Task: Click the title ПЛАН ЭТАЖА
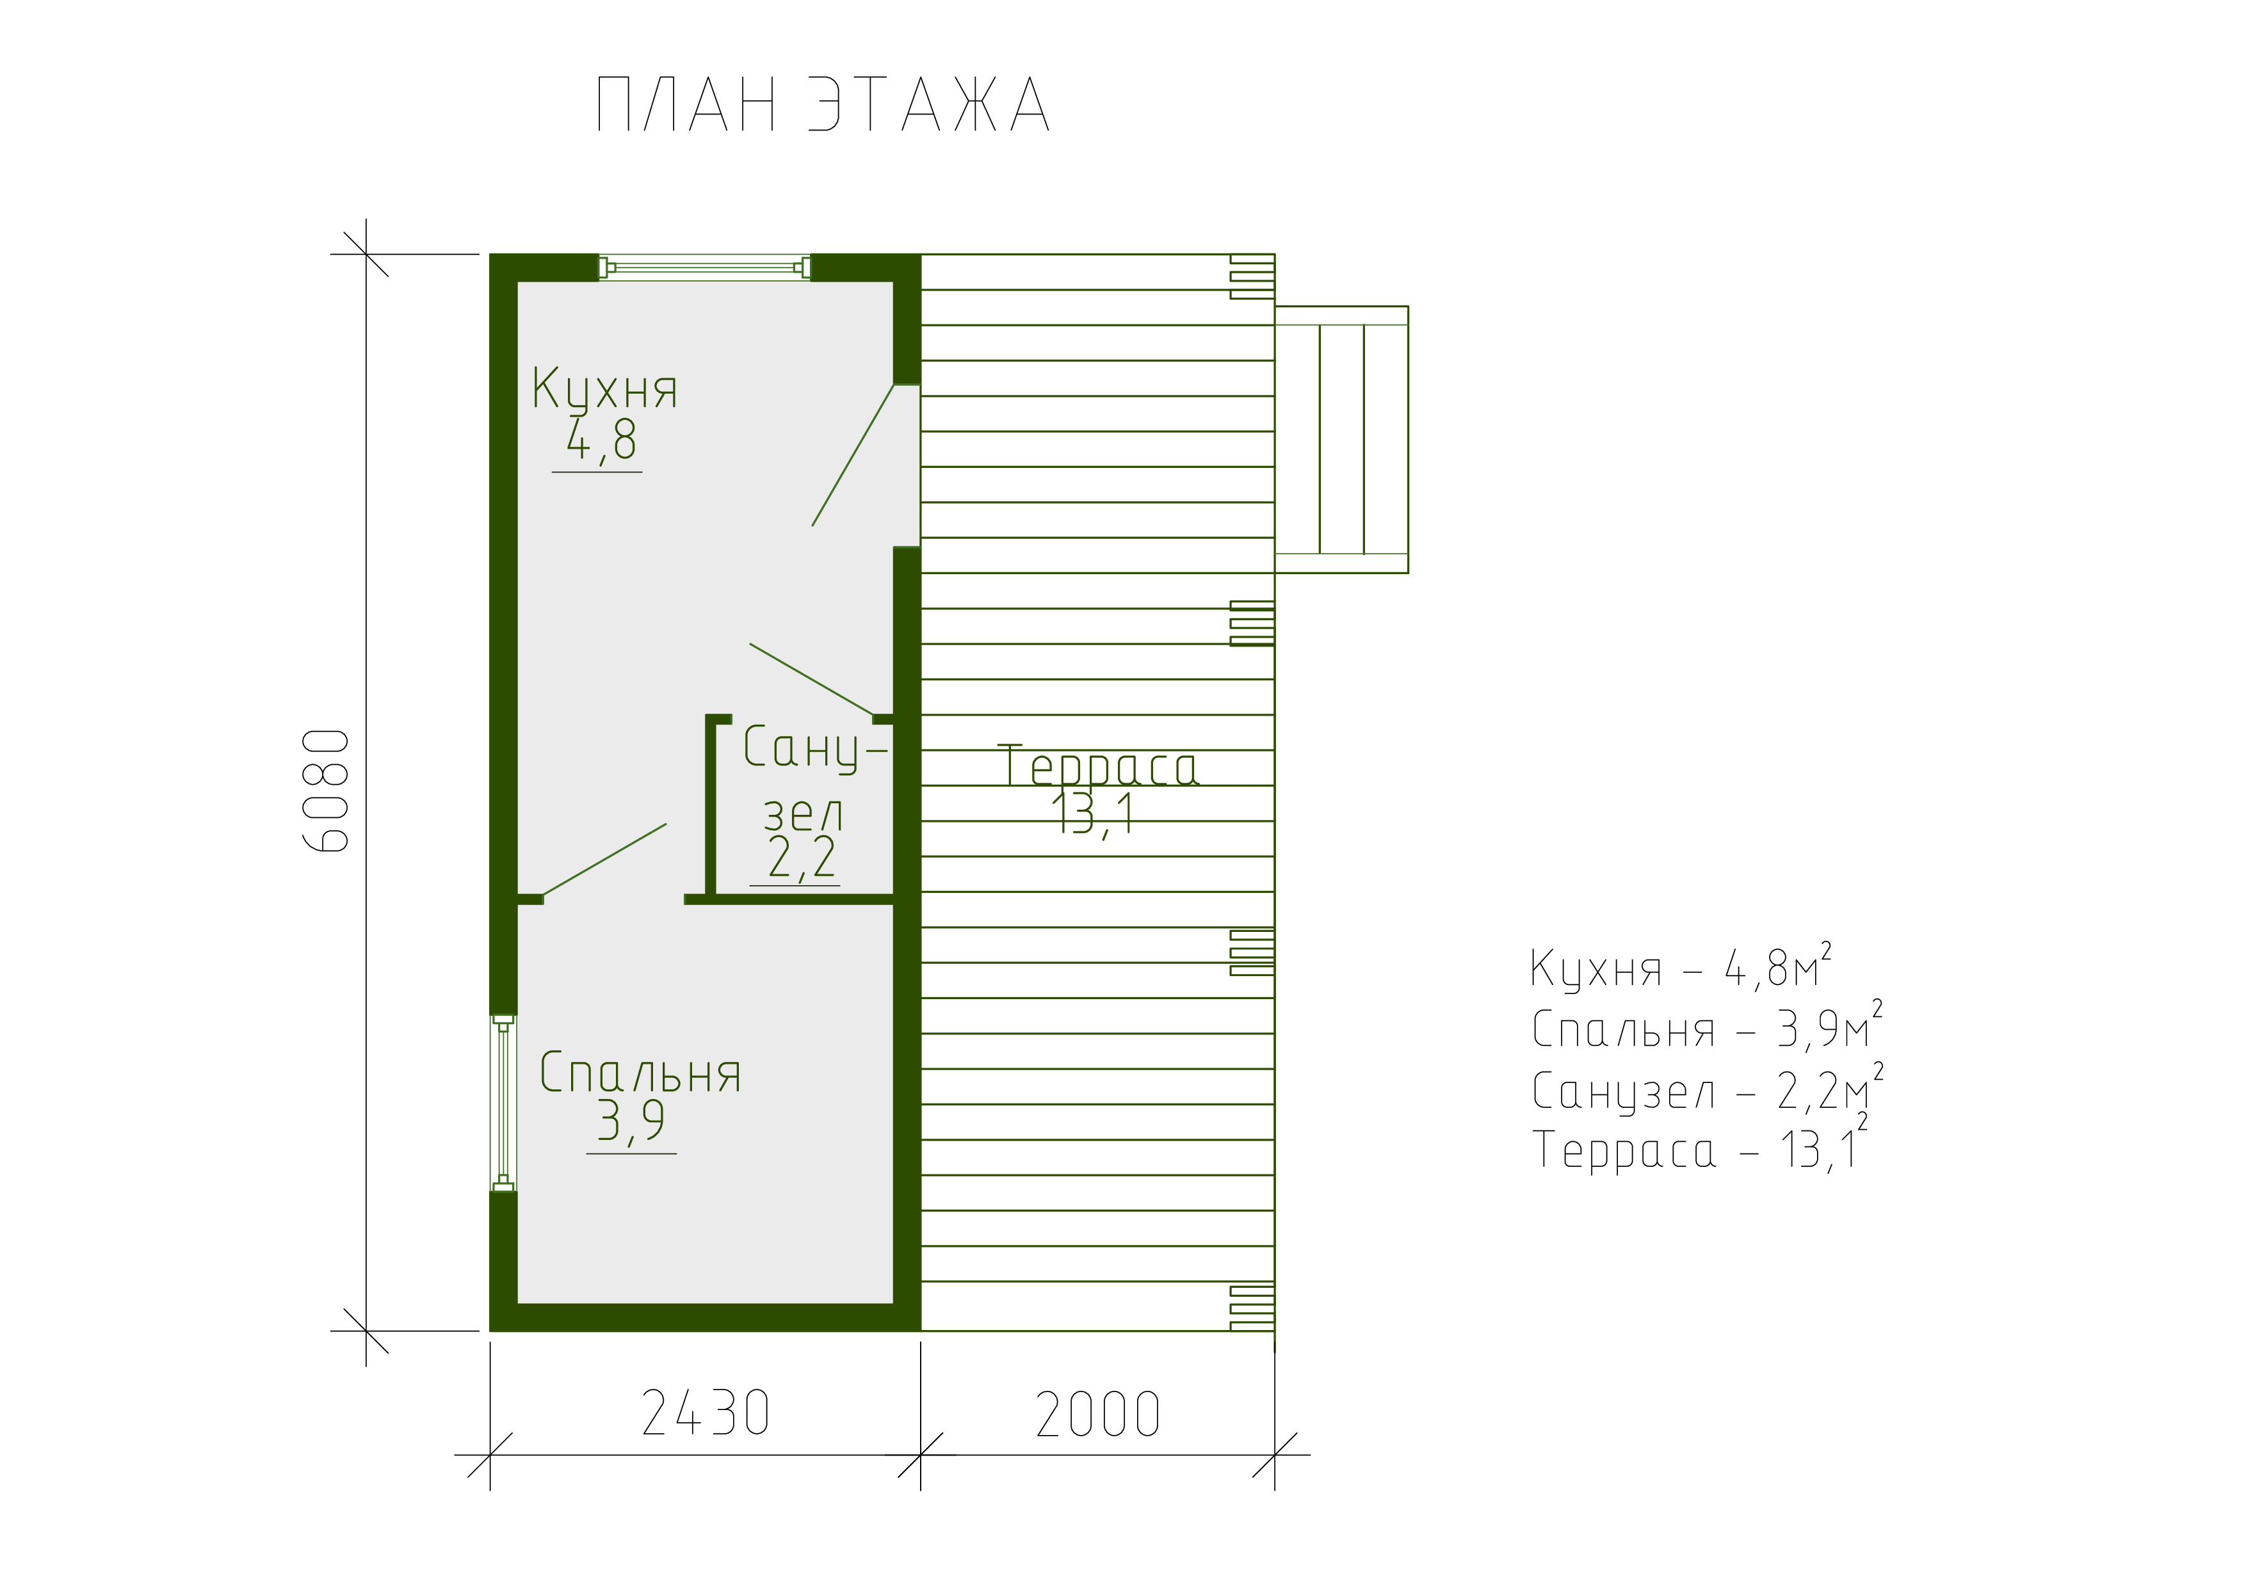click(x=823, y=104)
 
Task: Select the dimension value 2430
click(x=706, y=1414)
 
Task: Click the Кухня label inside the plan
click(x=604, y=389)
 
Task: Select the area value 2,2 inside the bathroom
click(x=801, y=858)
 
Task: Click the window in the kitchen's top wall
click(x=704, y=267)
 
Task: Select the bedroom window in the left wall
click(x=503, y=1103)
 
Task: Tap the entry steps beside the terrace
click(x=1341, y=439)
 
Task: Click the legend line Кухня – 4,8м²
click(x=1681, y=967)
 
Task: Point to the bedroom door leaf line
click(x=604, y=860)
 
